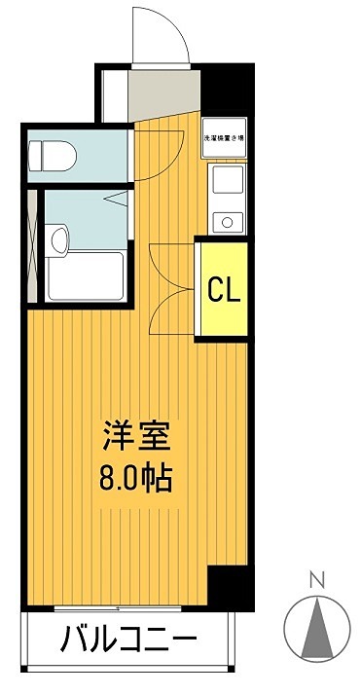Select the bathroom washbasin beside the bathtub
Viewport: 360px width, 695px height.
click(59, 238)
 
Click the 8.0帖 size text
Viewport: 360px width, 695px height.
click(136, 479)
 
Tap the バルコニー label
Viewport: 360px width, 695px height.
click(128, 640)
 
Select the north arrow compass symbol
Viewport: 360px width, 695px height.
click(315, 627)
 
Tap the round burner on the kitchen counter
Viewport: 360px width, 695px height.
click(228, 222)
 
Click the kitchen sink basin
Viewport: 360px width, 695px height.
click(228, 181)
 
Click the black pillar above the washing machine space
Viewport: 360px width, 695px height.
click(226, 92)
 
